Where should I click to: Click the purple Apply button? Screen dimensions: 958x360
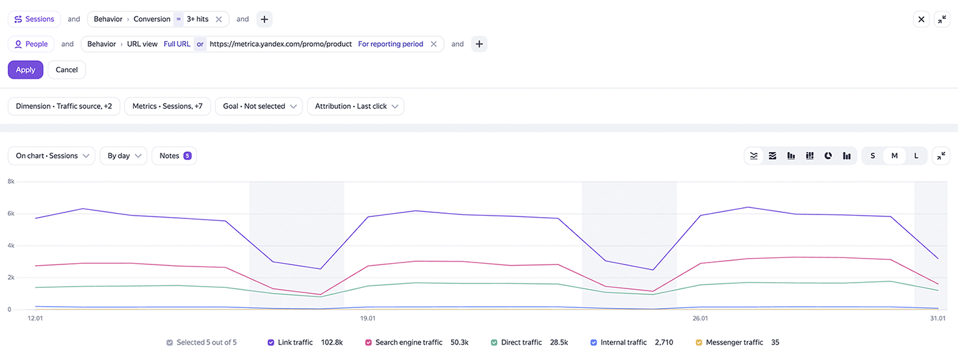point(25,70)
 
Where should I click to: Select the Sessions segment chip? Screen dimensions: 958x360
point(34,19)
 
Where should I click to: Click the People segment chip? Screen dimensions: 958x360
point(31,44)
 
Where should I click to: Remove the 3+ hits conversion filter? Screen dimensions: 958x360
point(218,19)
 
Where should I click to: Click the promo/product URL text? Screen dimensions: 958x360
point(281,44)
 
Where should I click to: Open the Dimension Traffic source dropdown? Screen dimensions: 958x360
point(64,106)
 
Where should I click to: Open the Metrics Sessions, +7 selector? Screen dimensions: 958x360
point(168,106)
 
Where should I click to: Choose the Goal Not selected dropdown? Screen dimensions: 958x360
point(259,106)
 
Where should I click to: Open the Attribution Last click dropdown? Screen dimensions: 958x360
point(356,106)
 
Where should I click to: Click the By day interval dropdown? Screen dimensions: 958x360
point(123,155)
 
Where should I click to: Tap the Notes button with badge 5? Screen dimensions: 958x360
point(174,155)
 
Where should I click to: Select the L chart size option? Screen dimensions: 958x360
point(916,155)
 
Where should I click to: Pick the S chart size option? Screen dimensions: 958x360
point(872,155)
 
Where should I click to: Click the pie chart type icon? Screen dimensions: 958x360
point(828,155)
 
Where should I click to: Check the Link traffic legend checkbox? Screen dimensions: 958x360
point(271,342)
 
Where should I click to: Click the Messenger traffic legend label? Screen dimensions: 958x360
point(734,342)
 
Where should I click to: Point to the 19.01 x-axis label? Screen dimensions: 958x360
point(368,318)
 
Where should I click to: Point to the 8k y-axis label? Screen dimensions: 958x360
point(10,181)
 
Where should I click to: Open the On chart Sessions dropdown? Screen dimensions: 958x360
point(52,155)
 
